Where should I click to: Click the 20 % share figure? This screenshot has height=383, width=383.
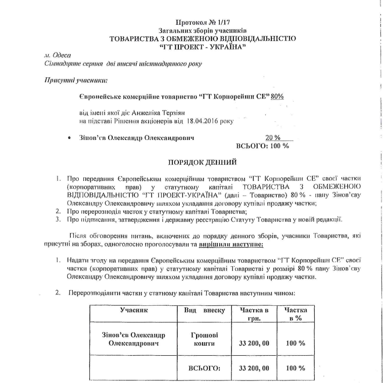[273, 137]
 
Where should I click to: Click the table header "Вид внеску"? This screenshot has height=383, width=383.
[203, 309]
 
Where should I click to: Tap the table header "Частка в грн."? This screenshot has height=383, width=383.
[254, 313]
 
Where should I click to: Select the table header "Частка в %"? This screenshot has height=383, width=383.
[296, 313]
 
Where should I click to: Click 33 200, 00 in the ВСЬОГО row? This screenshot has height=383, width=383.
[254, 368]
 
